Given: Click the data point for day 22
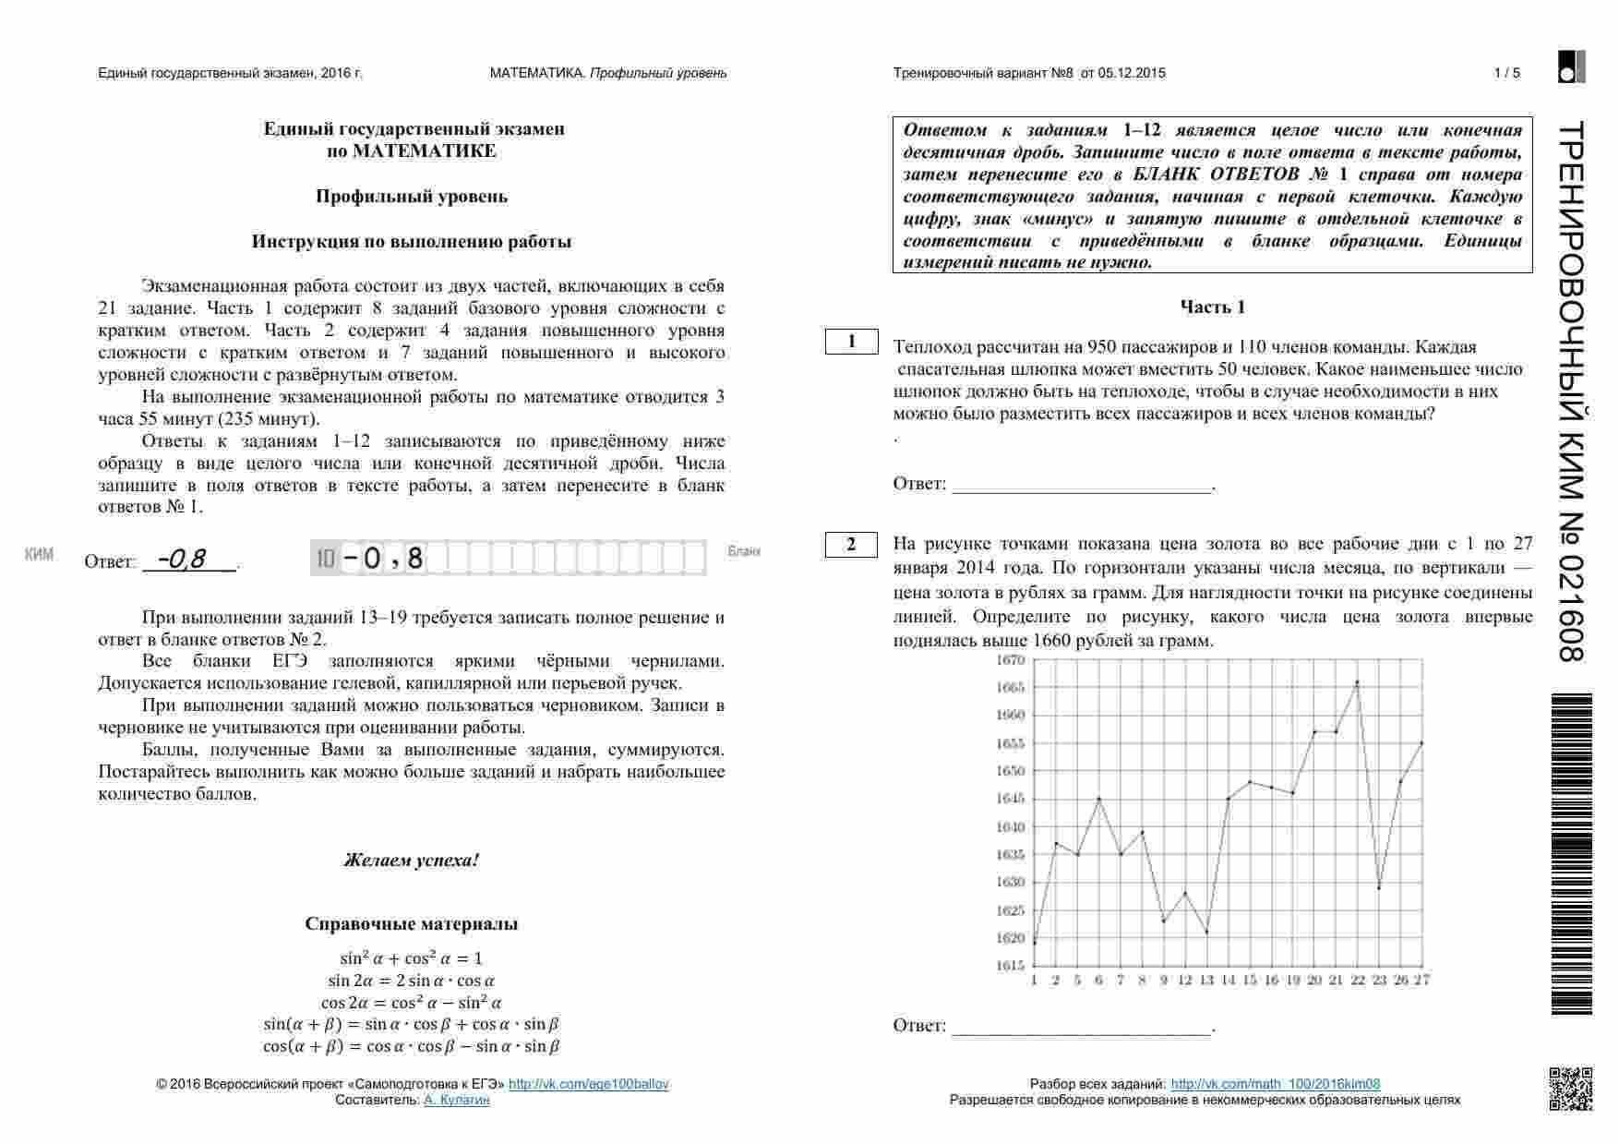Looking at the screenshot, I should click(x=1357, y=682).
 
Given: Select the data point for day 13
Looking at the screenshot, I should click(x=1206, y=932).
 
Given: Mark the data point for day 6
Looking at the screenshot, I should click(x=1098, y=799).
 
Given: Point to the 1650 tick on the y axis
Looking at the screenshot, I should click(x=1011, y=771).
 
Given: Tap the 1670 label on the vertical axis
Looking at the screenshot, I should click(x=1011, y=660).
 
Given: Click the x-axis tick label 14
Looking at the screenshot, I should click(x=1228, y=980).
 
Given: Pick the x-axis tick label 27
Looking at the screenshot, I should click(x=1421, y=980).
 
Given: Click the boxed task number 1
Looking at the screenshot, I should click(x=851, y=342).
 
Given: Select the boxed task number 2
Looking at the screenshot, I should click(x=851, y=545).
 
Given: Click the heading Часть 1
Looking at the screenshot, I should click(x=1212, y=307).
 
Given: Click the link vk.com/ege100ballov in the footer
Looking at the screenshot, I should click(x=588, y=1084).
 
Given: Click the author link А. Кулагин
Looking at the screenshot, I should click(x=457, y=1100).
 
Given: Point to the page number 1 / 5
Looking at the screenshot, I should click(x=1506, y=73).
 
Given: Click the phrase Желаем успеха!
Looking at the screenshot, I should click(x=412, y=861).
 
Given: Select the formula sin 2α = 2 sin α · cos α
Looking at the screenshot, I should click(x=412, y=981).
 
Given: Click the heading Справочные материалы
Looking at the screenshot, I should click(x=412, y=924).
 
